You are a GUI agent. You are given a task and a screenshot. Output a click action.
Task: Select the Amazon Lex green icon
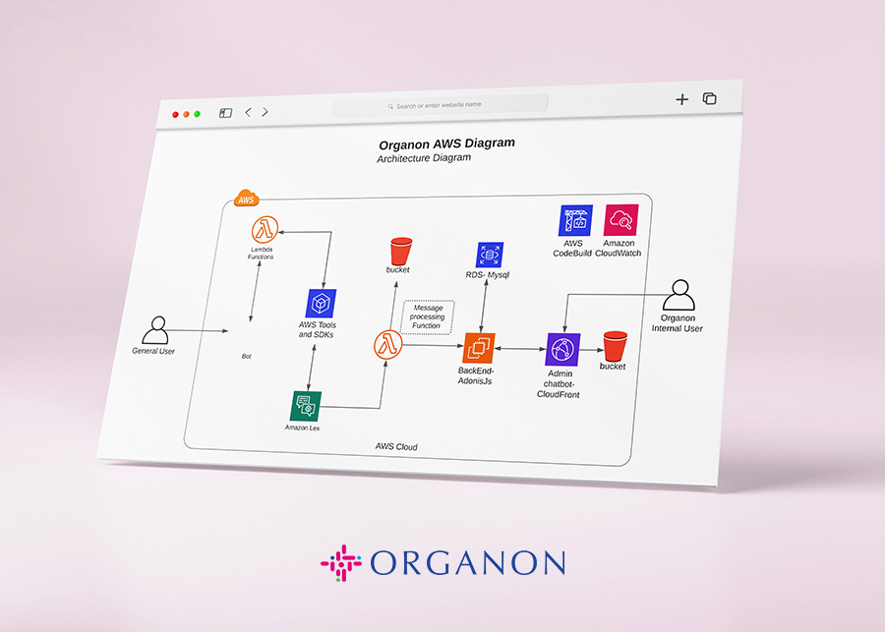(306, 405)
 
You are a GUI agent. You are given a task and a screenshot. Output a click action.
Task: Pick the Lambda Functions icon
(264, 230)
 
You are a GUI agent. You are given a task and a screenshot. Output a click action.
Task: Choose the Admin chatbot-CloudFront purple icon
(562, 349)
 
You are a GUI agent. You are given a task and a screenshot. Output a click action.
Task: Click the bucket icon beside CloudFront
(615, 346)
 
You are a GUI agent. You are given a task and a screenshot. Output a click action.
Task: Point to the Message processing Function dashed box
(427, 316)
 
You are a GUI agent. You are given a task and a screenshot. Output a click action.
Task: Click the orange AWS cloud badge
(246, 199)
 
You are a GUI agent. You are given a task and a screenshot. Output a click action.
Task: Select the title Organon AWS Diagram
(446, 144)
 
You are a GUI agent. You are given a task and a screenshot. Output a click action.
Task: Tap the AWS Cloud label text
(396, 446)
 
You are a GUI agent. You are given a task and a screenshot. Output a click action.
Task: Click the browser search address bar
(440, 105)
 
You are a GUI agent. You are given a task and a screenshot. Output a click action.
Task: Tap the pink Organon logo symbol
(340, 563)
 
